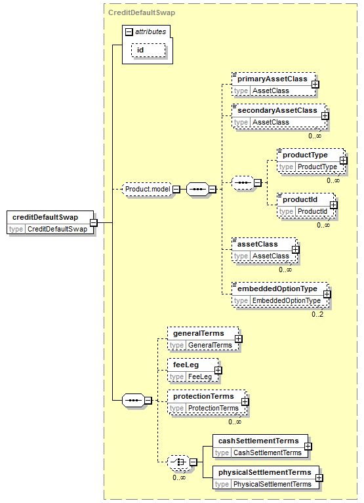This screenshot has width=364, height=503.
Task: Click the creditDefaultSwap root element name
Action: point(45,217)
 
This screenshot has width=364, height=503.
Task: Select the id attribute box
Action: point(148,50)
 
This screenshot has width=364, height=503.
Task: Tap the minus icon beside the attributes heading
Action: point(129,31)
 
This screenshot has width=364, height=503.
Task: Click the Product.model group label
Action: point(148,190)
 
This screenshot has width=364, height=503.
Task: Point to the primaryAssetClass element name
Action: point(272,79)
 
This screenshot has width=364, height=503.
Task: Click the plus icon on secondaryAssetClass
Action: point(325,116)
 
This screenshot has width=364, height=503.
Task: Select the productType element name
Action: point(305,155)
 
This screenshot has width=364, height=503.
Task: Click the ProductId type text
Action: point(312,211)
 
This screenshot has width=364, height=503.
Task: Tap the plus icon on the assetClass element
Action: point(295,250)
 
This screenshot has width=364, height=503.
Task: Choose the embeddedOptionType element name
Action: point(277,289)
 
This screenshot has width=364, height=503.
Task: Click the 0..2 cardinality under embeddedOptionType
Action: point(317,314)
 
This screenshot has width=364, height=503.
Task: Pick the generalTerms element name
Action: point(199,333)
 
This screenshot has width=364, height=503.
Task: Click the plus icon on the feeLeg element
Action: point(218,371)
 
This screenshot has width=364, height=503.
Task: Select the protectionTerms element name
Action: point(203,397)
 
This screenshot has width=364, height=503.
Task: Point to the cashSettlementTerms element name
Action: point(258,441)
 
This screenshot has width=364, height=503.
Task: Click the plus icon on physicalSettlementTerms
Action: point(319,478)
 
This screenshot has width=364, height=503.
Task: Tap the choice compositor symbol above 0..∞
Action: point(178,462)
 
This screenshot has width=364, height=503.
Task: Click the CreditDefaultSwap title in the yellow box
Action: point(142,13)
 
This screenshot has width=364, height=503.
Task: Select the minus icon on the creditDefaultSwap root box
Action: point(93,222)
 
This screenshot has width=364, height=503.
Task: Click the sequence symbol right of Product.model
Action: point(197,190)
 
